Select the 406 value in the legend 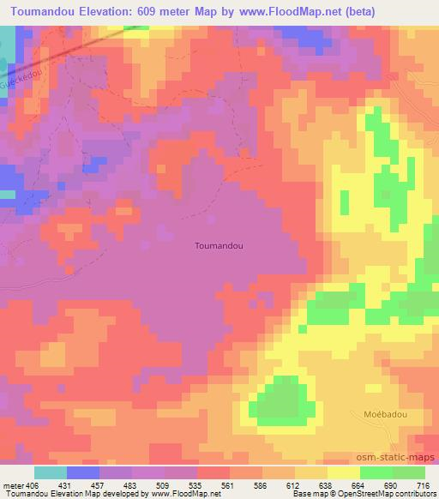(x=33, y=484)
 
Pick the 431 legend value (x=67, y=484)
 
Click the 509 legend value (x=164, y=484)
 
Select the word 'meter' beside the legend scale (x=13, y=484)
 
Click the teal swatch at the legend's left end (x=51, y=472)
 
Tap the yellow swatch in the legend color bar (x=344, y=472)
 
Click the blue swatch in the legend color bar (x=83, y=472)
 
